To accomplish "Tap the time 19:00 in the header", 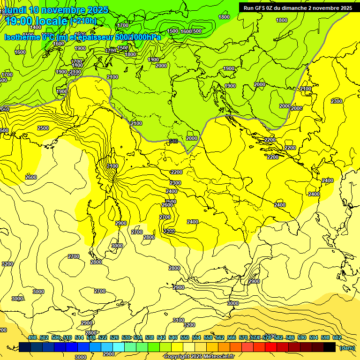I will coord(21,21).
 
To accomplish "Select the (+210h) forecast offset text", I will coord(83,21).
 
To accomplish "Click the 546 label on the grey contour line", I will coord(173,141).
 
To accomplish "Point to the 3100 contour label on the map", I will coord(178,320).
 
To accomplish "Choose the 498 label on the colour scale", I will coord(32,337).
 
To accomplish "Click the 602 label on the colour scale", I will coord(337,337).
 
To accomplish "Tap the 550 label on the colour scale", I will coord(184,337).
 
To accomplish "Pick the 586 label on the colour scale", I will coord(290,337).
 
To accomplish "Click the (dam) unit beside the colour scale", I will coord(347,347).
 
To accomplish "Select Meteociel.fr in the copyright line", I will coord(222,357).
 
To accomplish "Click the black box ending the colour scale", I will coord(330,347).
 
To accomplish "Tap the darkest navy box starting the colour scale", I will coord(25,347).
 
